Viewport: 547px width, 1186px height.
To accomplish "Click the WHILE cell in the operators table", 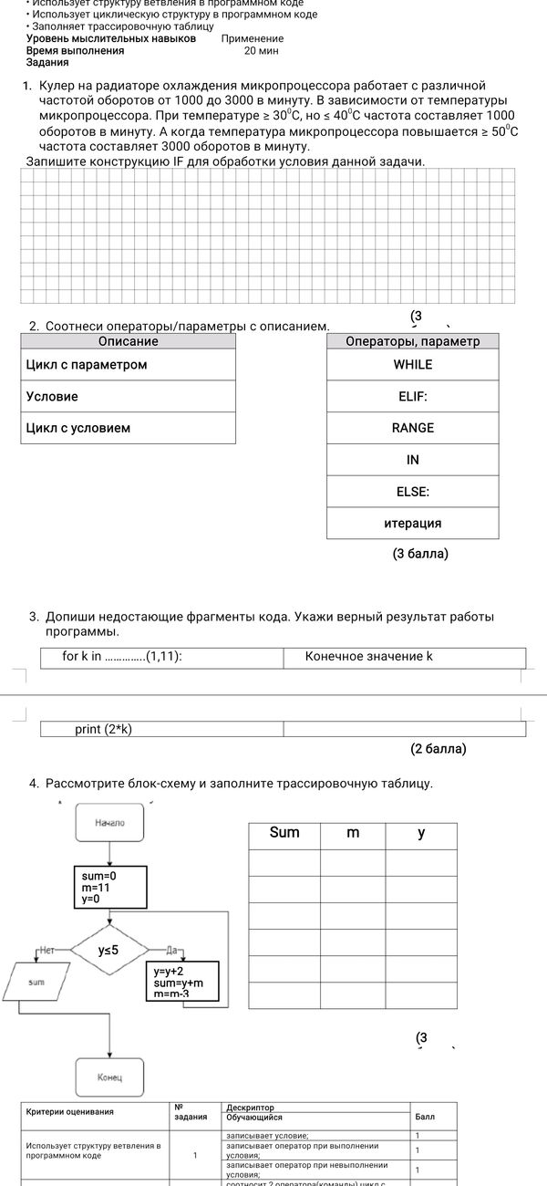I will pos(412,364).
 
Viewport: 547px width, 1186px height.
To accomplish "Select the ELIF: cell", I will pos(412,396).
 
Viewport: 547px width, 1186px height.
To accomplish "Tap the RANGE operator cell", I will pos(412,428).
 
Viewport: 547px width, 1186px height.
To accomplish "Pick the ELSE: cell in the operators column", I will pos(412,492).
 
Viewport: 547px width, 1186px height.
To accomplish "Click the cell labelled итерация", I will pos(412,524).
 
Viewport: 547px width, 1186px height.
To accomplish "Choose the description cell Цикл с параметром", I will pos(129,364).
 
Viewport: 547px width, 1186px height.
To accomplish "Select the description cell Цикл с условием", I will pos(129,428).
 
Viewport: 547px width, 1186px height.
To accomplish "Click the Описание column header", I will pos(129,341).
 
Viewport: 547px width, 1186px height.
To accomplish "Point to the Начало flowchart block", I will pos(109,823).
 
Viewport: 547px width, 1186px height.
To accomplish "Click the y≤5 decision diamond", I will pos(108,950).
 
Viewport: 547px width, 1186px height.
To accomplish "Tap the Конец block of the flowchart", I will pos(109,1077).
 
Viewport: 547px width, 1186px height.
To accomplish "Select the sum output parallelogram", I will pos(36,982).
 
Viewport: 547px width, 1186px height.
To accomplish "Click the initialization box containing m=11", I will pos(109,887).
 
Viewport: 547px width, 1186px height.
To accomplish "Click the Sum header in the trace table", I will pos(284,833).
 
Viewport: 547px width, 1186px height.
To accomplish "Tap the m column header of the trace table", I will pos(353,833).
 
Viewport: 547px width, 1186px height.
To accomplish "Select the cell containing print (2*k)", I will pos(161,729).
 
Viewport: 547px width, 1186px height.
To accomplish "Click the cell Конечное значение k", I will pos(404,657).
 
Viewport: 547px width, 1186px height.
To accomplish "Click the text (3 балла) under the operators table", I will pos(420,554).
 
